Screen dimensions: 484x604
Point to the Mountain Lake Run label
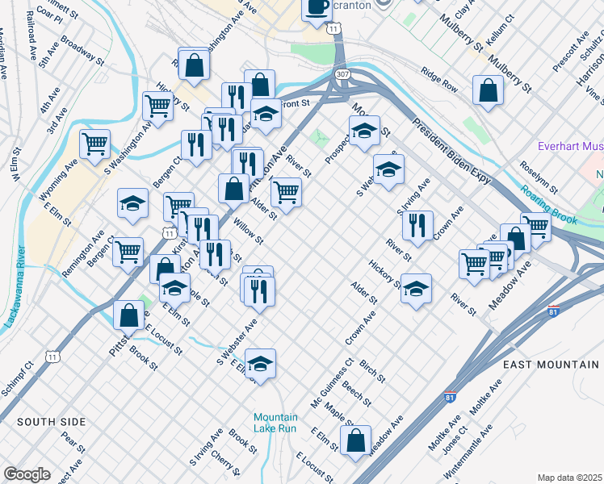[x=275, y=422]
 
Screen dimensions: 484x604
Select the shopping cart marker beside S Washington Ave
[x=95, y=144]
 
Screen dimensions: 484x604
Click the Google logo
[x=27, y=474]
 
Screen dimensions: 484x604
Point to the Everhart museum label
[x=571, y=147]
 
